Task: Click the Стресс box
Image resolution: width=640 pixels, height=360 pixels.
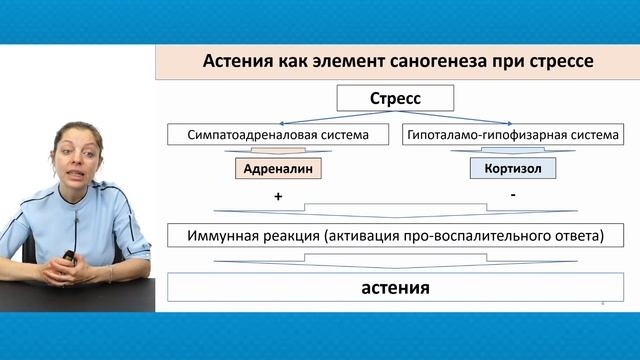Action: point(394,99)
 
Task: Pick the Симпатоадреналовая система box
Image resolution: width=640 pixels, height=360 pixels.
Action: point(277,133)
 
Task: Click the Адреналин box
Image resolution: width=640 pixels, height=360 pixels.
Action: point(278,169)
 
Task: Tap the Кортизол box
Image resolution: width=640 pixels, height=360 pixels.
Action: point(512,169)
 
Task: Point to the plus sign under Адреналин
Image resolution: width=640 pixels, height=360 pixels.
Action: point(278,198)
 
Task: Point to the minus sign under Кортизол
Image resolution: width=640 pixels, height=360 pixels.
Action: point(512,195)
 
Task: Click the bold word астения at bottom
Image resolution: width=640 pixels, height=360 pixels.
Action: point(394,288)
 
